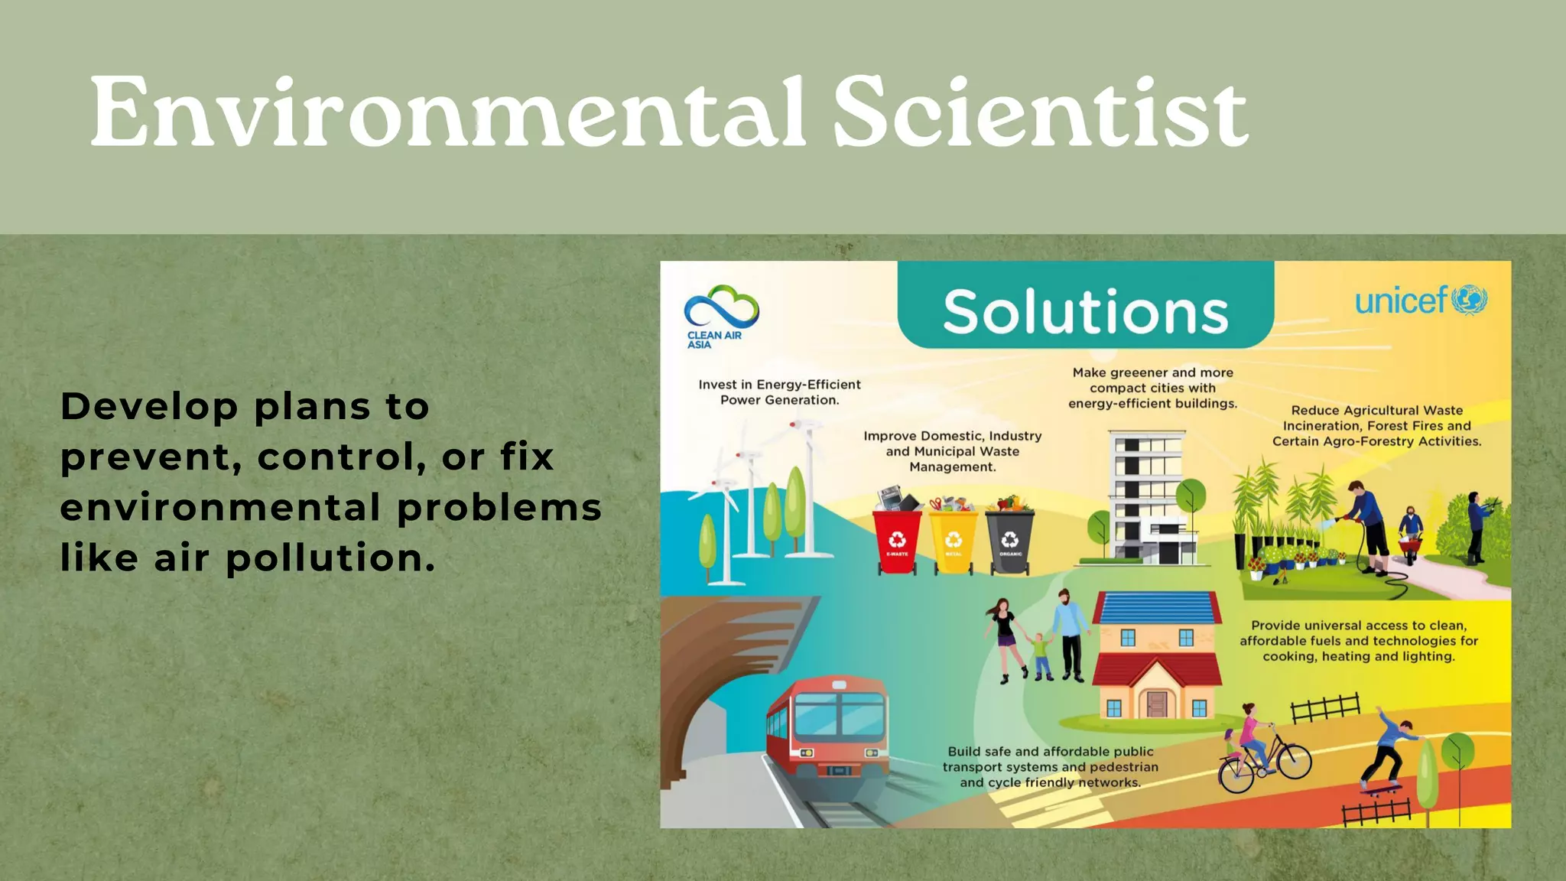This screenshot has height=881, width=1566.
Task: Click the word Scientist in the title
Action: tap(1040, 113)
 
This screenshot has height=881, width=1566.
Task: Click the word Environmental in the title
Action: tap(447, 113)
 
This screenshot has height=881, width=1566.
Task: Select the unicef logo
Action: tap(1421, 300)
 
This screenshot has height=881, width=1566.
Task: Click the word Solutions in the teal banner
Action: tap(1085, 312)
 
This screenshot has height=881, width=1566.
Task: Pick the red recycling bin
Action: tap(897, 541)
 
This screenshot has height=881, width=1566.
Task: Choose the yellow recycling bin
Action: tap(954, 541)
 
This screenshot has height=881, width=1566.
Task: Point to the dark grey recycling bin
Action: tap(1010, 541)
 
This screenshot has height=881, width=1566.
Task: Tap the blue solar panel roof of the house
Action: tap(1157, 608)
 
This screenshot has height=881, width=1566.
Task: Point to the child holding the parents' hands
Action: tap(1041, 655)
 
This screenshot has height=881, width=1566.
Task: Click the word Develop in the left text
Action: tap(149, 406)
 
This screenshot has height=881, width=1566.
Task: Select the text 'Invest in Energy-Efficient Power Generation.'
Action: tap(779, 392)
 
